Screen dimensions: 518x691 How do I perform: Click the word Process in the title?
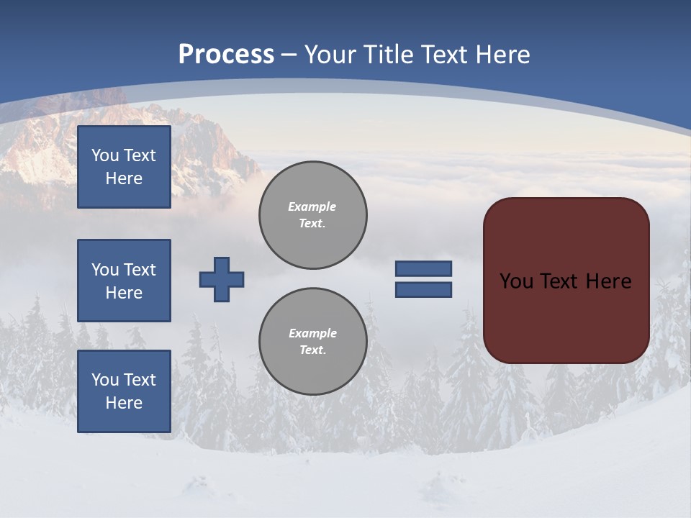[226, 55]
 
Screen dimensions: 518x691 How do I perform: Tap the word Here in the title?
[501, 55]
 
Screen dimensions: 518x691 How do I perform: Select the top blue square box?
[124, 167]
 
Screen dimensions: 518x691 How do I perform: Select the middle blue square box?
[124, 281]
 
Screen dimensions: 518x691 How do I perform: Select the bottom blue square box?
[124, 391]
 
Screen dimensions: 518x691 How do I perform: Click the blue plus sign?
[222, 279]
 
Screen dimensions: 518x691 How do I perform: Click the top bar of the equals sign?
[424, 268]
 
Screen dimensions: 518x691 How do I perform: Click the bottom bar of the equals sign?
[424, 289]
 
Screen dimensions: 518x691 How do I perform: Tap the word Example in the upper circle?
[312, 206]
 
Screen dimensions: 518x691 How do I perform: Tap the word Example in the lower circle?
[312, 333]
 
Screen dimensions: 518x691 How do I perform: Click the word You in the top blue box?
[104, 155]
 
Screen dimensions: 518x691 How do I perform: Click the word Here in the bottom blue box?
[124, 403]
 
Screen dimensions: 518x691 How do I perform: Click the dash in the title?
[289, 55]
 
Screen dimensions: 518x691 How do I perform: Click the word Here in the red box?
[609, 281]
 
